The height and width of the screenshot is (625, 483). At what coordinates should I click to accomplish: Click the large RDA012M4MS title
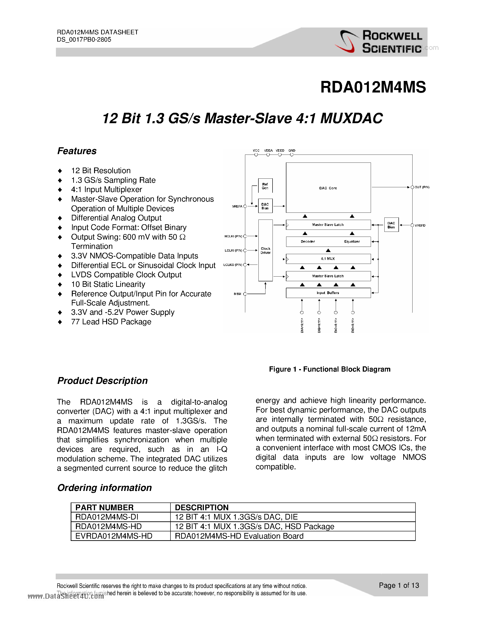(373, 87)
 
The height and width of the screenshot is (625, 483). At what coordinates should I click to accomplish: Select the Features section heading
(77, 151)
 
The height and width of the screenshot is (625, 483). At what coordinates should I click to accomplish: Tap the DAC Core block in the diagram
(328, 188)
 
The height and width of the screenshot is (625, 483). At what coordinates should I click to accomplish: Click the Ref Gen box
(265, 186)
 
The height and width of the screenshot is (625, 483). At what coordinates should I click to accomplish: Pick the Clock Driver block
(265, 250)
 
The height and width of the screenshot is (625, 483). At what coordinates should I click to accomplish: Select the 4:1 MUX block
(328, 259)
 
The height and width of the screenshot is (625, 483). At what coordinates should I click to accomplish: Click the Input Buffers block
(328, 293)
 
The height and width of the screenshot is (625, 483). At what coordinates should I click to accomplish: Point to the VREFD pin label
(420, 225)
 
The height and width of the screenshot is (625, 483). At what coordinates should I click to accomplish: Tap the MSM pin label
(238, 294)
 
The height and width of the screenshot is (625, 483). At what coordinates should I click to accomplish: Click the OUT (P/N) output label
(422, 187)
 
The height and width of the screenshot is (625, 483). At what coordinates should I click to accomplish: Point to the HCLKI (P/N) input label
(233, 236)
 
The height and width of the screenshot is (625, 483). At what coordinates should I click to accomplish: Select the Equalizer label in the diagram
(352, 242)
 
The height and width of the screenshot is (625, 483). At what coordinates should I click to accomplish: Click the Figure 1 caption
(330, 369)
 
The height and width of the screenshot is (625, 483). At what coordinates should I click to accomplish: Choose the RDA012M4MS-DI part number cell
(107, 517)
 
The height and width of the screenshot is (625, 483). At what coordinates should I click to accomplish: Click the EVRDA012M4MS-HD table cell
(114, 536)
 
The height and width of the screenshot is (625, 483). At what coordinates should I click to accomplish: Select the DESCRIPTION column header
(202, 507)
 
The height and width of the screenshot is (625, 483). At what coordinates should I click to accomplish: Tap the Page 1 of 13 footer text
(399, 585)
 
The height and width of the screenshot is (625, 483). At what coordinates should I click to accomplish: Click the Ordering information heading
(104, 488)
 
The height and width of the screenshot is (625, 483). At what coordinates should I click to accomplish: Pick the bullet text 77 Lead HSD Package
(111, 322)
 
